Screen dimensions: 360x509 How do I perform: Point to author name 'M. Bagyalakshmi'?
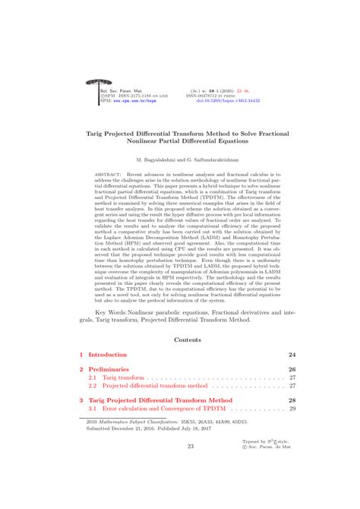coord(159,160)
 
